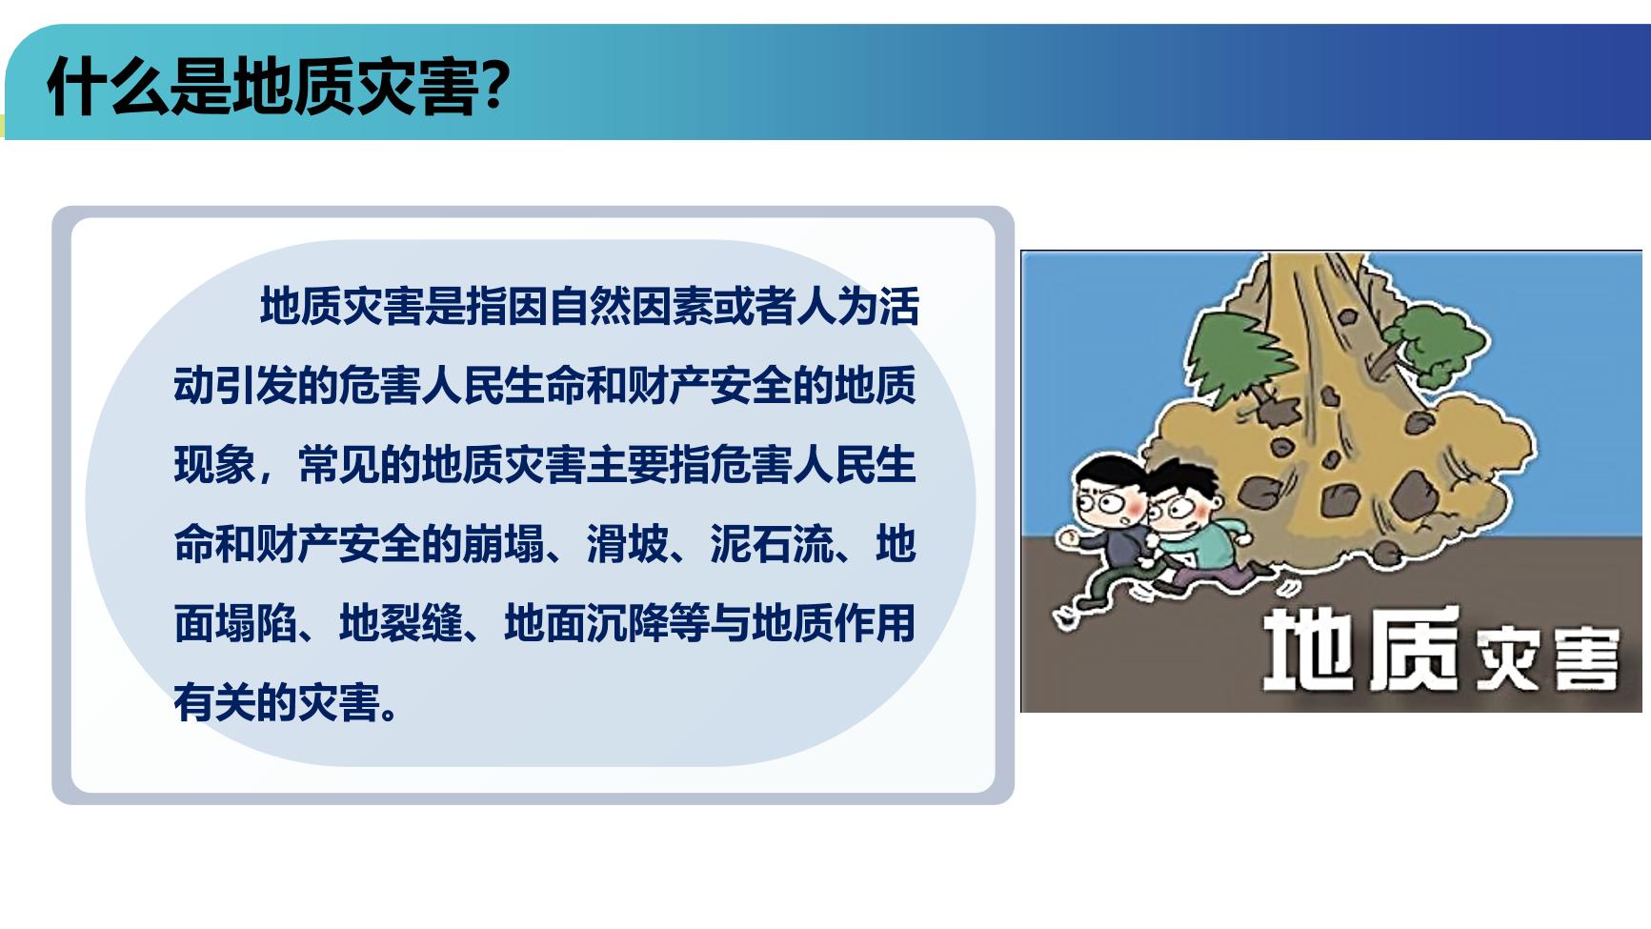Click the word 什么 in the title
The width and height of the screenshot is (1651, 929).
pos(108,87)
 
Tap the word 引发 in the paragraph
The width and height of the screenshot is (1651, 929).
pos(256,386)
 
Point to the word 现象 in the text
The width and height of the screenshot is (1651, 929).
pos(215,465)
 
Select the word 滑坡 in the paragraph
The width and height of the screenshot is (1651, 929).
pos(627,544)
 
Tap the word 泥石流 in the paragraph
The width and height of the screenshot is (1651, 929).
pos(772,544)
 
